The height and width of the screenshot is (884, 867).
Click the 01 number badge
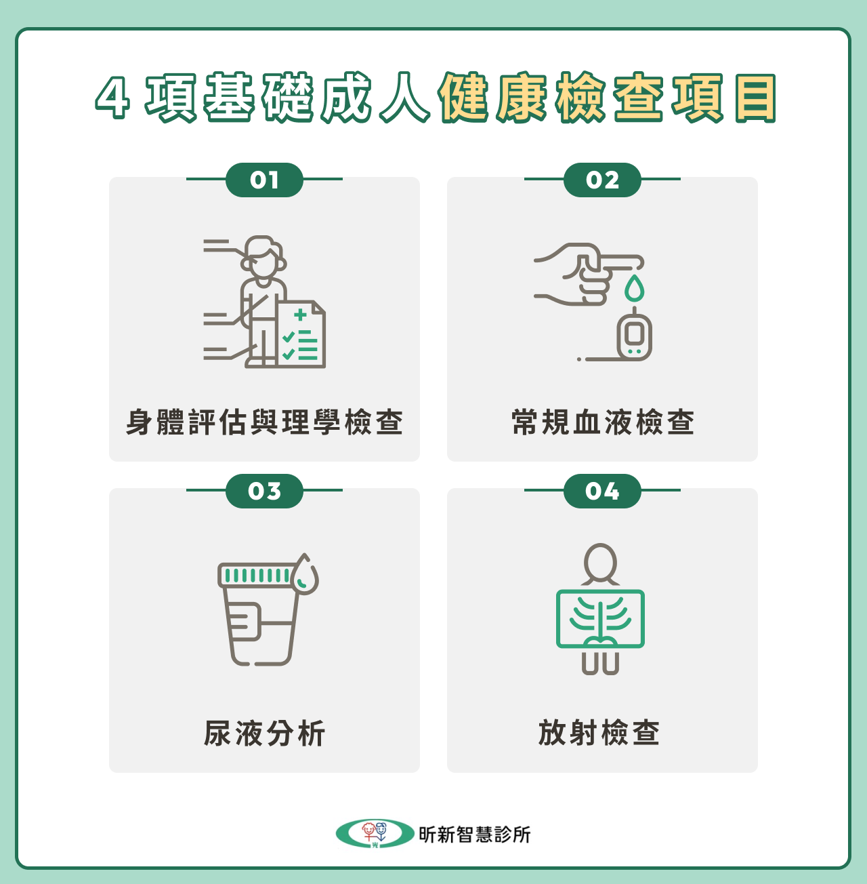click(x=264, y=180)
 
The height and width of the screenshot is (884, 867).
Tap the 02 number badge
click(x=602, y=180)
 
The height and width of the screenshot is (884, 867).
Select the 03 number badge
click(x=264, y=491)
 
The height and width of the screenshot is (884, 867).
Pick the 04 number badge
click(x=602, y=491)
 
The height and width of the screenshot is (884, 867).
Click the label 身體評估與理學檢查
click(x=264, y=422)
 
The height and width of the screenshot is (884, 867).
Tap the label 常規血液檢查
click(x=602, y=422)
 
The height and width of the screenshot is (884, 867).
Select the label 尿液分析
click(x=264, y=734)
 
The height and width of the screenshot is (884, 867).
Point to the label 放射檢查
click(x=599, y=734)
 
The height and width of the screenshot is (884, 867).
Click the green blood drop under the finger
click(x=634, y=288)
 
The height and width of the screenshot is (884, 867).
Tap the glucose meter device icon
click(x=635, y=336)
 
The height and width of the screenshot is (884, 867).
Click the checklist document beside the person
click(x=301, y=335)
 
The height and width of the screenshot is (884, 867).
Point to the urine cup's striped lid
click(x=255, y=576)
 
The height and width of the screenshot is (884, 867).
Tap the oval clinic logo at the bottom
click(x=375, y=834)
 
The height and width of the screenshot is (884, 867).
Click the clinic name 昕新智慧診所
click(x=474, y=835)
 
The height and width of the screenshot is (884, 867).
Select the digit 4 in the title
click(x=112, y=99)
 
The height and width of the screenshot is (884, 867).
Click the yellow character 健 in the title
click(x=464, y=99)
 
